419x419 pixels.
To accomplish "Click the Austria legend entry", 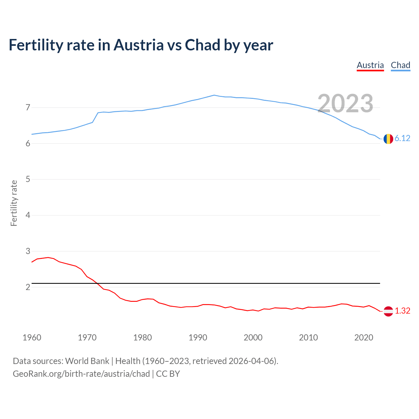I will click(x=370, y=65).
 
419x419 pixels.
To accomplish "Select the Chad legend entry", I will click(x=400, y=65).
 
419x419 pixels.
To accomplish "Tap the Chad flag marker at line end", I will click(x=388, y=139).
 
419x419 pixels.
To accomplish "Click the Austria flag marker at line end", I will click(x=388, y=311).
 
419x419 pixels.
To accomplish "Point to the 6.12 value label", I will click(x=402, y=138).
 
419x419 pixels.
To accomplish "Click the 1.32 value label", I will click(x=402, y=311).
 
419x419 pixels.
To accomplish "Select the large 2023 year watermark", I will click(x=345, y=103).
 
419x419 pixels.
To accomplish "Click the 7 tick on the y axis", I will click(x=28, y=107).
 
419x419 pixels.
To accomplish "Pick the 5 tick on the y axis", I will click(x=28, y=179).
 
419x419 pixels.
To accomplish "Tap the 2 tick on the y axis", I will click(x=28, y=287).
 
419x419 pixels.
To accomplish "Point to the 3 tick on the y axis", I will click(x=28, y=251).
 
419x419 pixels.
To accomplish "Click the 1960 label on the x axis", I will click(x=32, y=337).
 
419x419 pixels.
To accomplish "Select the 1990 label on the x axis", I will click(x=198, y=337).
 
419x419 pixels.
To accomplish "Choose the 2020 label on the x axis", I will click(x=364, y=337).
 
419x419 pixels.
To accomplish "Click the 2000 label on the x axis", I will click(x=253, y=337).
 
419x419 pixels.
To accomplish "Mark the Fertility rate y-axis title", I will click(x=14, y=203).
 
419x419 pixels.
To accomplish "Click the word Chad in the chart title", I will click(x=202, y=45).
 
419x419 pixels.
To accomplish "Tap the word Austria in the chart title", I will click(x=138, y=45).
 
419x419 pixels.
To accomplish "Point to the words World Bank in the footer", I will click(x=87, y=361).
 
